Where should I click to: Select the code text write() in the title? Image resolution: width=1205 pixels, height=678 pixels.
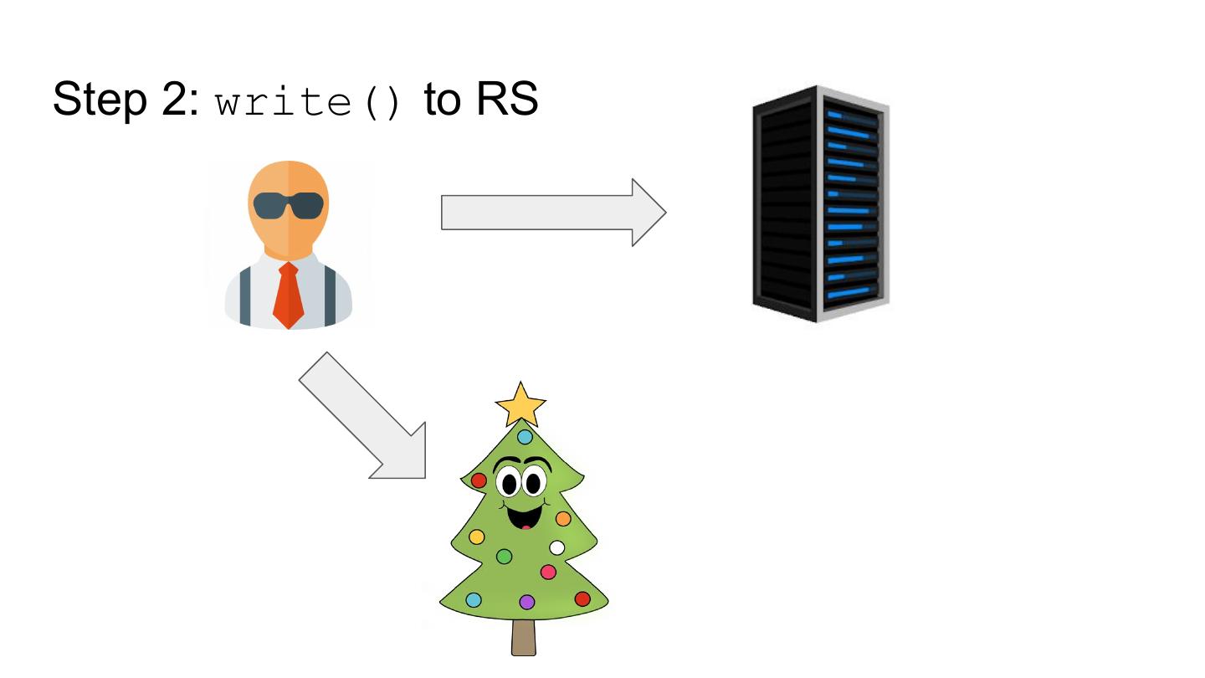(308, 101)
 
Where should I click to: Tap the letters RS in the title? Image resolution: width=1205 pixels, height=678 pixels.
(507, 100)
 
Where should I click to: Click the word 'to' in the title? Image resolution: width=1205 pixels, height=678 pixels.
(443, 100)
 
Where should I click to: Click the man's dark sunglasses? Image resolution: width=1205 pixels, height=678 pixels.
(288, 205)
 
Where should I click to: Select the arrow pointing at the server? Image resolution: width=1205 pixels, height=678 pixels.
(552, 213)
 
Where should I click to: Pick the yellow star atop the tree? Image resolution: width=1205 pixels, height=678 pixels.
(520, 404)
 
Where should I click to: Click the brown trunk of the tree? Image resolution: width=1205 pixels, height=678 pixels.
(523, 638)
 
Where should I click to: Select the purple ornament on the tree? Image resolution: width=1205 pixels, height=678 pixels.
(526, 602)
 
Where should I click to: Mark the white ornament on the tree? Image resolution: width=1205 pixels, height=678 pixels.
(557, 548)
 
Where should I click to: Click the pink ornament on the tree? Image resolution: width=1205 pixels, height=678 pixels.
(548, 573)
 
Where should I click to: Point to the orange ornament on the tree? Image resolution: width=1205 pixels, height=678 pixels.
(563, 519)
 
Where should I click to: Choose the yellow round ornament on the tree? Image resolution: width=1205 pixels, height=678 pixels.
(477, 537)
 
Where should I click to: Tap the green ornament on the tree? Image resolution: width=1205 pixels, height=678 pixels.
(504, 556)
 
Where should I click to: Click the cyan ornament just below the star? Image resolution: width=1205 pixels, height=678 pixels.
(525, 437)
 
